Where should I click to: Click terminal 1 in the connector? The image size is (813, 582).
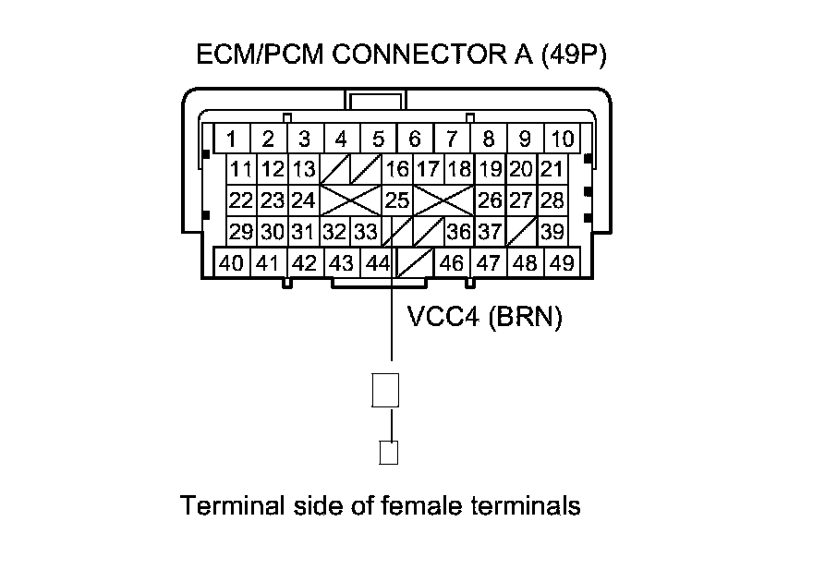click(232, 139)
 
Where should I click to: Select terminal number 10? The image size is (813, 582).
click(562, 139)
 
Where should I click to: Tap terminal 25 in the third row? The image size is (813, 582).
click(397, 200)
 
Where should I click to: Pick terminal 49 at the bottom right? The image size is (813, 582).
click(561, 262)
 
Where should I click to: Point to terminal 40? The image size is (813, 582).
click(232, 262)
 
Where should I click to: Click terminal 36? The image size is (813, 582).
click(459, 231)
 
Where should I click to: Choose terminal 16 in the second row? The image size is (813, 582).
click(397, 169)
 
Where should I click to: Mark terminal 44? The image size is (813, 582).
click(377, 262)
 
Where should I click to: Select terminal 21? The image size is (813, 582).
click(552, 169)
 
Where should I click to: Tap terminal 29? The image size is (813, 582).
click(241, 231)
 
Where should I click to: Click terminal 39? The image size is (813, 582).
click(552, 231)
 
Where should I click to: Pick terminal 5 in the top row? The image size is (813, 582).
click(378, 139)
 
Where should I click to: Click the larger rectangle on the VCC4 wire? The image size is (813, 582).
click(384, 390)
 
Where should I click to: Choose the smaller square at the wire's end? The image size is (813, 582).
click(389, 453)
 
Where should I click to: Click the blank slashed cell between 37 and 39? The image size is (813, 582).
click(522, 231)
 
